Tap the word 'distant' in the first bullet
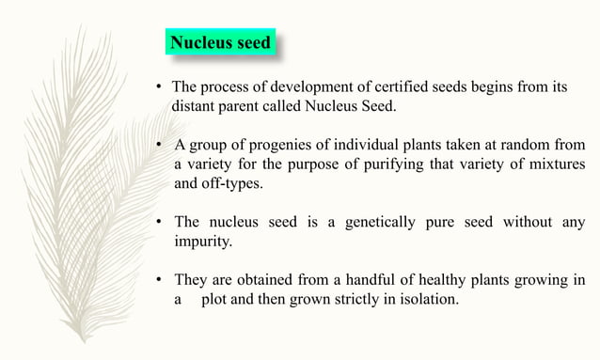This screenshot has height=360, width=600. pyautogui.click(x=194, y=106)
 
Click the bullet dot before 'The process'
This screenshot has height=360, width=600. pyautogui.click(x=160, y=88)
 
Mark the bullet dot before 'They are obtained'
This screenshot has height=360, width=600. pyautogui.click(x=160, y=280)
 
